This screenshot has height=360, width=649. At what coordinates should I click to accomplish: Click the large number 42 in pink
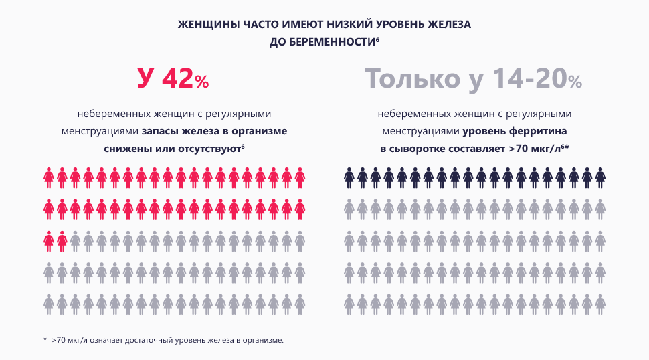tap(176, 78)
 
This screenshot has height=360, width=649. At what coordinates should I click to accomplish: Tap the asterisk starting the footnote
tap(45, 340)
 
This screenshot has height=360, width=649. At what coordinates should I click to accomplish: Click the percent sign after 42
tap(202, 82)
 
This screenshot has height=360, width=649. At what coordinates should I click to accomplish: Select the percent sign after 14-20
tap(575, 82)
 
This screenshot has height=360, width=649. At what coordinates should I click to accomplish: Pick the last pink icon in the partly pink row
tap(62, 240)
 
